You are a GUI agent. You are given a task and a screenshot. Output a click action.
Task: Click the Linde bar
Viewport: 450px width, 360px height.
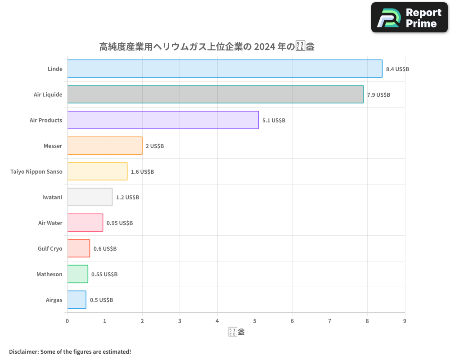click(225, 69)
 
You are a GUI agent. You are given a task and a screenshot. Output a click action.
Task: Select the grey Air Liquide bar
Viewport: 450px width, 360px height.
click(215, 94)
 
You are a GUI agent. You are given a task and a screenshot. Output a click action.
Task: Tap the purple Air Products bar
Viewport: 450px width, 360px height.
click(163, 120)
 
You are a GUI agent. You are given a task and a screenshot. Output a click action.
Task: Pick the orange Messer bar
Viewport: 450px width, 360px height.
click(105, 146)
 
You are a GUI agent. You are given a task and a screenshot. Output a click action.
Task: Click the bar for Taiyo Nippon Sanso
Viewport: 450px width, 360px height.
click(97, 171)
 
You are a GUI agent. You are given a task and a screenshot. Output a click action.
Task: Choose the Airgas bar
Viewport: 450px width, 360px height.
click(76, 300)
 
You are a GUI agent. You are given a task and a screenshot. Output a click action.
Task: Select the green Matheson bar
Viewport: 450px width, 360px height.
click(77, 274)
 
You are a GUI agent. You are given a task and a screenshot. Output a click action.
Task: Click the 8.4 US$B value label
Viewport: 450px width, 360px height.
click(397, 69)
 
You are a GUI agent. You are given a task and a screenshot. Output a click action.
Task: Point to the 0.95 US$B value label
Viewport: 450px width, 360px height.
click(120, 223)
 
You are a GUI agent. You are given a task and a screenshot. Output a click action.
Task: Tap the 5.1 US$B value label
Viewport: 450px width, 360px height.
click(274, 120)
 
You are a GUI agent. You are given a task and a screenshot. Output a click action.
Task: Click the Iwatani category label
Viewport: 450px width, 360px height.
click(52, 197)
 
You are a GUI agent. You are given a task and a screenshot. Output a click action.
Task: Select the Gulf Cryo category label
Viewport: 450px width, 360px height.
click(50, 248)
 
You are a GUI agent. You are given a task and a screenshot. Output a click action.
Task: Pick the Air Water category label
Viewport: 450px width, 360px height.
click(50, 223)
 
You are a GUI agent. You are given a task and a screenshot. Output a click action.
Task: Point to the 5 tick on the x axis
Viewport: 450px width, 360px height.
click(255, 321)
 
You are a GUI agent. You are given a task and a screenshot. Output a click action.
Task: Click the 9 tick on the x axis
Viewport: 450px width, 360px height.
click(405, 321)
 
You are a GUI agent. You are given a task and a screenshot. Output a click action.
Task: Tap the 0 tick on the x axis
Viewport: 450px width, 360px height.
click(67, 321)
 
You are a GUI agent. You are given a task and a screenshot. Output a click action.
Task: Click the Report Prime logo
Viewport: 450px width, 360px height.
click(409, 18)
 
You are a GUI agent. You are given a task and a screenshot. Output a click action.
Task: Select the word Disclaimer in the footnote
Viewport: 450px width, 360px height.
click(23, 351)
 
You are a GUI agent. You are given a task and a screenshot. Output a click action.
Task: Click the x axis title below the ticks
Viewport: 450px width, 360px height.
click(236, 333)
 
